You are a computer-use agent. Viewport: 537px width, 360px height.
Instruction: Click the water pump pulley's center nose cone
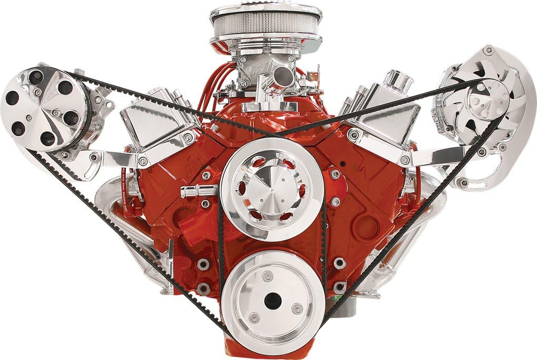(272, 188)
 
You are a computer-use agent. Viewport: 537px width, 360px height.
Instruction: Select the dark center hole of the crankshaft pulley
(273, 301)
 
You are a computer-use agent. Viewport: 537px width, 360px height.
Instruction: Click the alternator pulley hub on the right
(482, 102)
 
